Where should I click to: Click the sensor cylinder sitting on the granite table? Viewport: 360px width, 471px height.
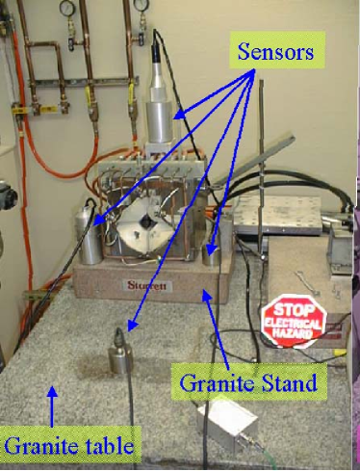click(122, 357)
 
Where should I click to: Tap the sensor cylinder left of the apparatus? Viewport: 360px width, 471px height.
click(91, 244)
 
